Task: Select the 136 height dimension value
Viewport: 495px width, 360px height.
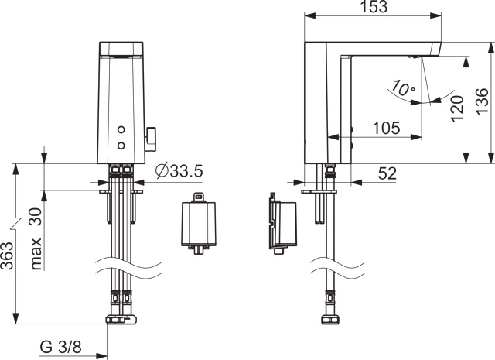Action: tap(481, 101)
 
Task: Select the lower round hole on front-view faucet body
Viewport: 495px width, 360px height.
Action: tap(121, 145)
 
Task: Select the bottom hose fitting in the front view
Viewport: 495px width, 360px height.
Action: tap(122, 317)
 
